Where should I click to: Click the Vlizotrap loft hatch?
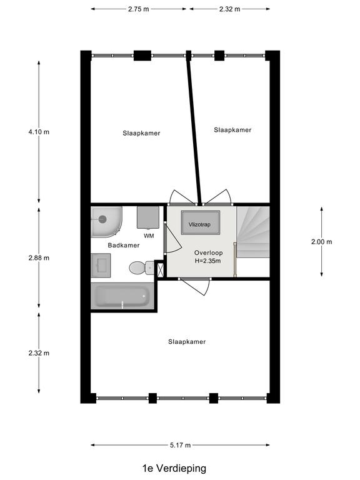(x=200, y=222)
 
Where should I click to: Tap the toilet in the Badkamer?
(x=141, y=267)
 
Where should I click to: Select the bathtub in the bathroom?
(x=122, y=296)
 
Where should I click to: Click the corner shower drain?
(x=102, y=219)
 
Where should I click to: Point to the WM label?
(x=149, y=236)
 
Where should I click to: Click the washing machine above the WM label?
(x=148, y=217)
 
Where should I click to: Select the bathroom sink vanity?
(x=101, y=265)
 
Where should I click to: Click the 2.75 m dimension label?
(x=139, y=9)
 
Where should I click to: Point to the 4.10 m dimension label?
(x=39, y=132)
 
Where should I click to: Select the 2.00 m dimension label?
(x=321, y=242)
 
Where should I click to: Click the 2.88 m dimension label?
(x=39, y=257)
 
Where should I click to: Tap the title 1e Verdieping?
(x=174, y=468)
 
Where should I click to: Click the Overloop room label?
(x=209, y=253)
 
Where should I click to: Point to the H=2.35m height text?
(x=208, y=261)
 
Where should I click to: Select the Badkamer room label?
(x=124, y=245)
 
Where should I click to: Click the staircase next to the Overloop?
(x=253, y=232)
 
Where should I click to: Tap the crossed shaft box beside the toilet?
(x=161, y=270)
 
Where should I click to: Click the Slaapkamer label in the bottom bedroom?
(x=187, y=342)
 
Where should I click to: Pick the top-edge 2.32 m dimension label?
(x=229, y=9)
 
